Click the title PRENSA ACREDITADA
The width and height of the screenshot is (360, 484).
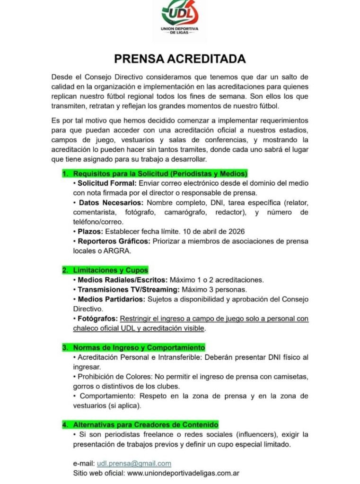[x=180, y=59]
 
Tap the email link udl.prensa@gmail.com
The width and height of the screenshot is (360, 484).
[x=134, y=463]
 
